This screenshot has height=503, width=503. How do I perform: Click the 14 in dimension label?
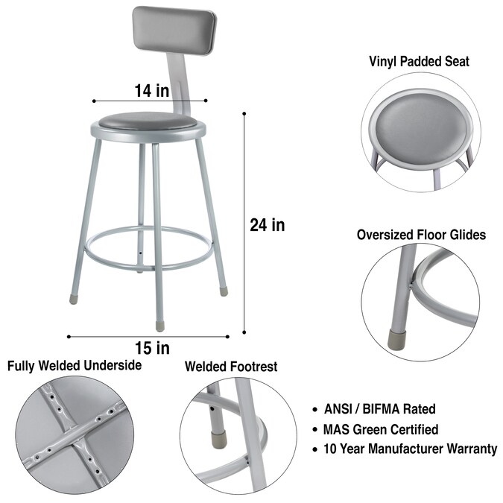(x=152, y=91)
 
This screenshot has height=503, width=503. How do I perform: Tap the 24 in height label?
(x=268, y=225)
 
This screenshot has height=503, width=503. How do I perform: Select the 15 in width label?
(x=152, y=348)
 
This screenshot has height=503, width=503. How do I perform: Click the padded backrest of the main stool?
(x=175, y=31)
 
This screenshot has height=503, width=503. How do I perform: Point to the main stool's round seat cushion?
(x=148, y=121)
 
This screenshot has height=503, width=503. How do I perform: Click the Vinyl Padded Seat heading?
(x=419, y=61)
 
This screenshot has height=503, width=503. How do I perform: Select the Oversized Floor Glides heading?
(x=421, y=235)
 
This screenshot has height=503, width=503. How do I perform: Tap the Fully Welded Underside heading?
(x=75, y=365)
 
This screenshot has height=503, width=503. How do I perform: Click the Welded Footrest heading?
(x=231, y=367)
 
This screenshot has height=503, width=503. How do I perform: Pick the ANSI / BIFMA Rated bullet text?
(x=380, y=409)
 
